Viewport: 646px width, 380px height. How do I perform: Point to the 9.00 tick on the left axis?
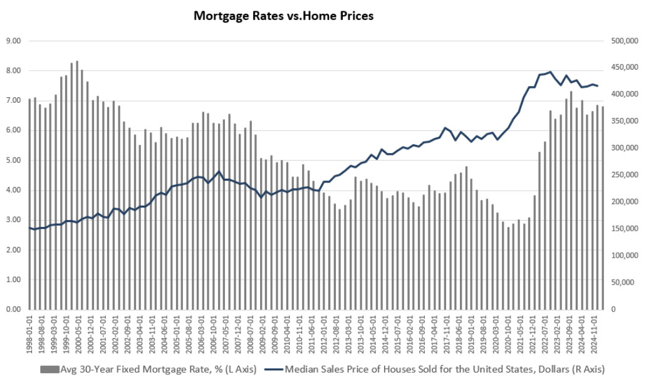(13, 41)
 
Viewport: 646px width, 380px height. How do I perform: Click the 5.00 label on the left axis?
(13, 160)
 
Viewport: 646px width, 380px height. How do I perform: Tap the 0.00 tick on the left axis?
(13, 309)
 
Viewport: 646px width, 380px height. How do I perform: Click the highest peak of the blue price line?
(550, 72)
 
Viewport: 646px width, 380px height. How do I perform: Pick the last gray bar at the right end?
(602, 208)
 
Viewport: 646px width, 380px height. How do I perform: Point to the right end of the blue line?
(598, 86)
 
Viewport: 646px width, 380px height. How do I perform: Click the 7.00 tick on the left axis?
(13, 100)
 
